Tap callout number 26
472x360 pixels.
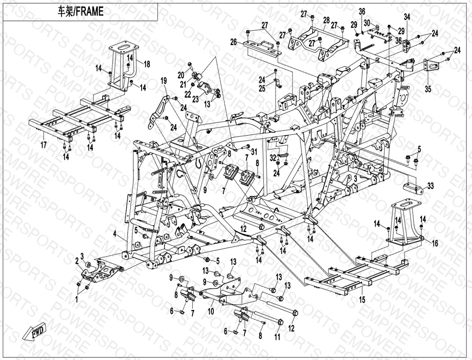click(234, 42)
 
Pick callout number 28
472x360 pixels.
click(326, 20)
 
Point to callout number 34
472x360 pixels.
click(406, 17)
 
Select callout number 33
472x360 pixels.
click(430, 185)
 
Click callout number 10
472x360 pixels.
click(210, 311)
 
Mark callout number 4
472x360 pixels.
click(115, 234)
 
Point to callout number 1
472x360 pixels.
click(76, 299)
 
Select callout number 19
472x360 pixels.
click(163, 80)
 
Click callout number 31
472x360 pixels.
click(254, 152)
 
